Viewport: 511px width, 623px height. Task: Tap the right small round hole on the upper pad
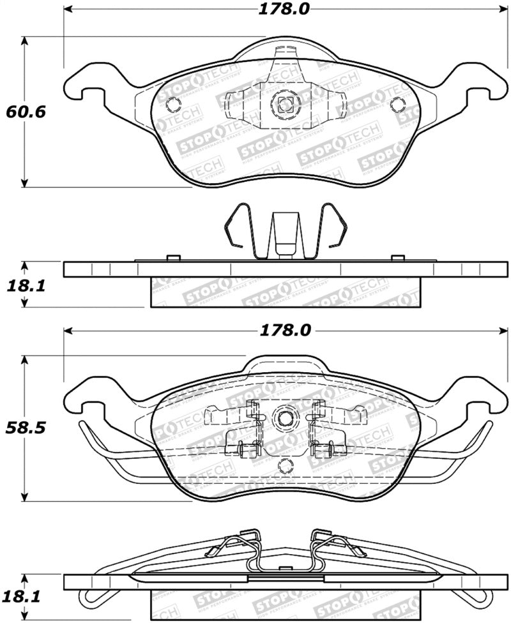click(397, 105)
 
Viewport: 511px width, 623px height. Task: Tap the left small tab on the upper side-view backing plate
click(171, 258)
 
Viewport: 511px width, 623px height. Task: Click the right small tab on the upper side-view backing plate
click(397, 258)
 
